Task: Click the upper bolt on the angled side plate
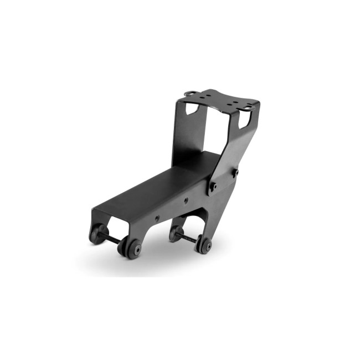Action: click(235, 173)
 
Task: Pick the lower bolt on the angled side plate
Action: click(212, 187)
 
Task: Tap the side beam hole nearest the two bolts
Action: click(186, 200)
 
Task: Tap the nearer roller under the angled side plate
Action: click(203, 245)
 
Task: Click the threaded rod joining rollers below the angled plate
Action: click(188, 238)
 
